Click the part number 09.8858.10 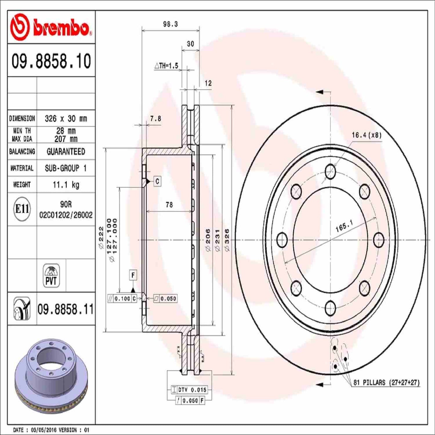coord(51,61)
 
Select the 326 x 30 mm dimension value coord(66,119)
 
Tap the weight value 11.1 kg coord(66,185)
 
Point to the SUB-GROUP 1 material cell coord(66,168)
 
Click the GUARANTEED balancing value coord(66,151)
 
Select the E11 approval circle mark coord(22,209)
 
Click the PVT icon coord(51,275)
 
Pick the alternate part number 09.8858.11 coord(66,309)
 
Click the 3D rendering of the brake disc coord(51,375)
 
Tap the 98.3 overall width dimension coord(170,24)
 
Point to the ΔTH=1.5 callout coord(166,66)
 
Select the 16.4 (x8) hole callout coord(366,135)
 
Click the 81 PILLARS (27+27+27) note coord(386,383)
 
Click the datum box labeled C coord(157,182)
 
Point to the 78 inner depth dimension coord(169,205)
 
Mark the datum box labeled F coord(133,275)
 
